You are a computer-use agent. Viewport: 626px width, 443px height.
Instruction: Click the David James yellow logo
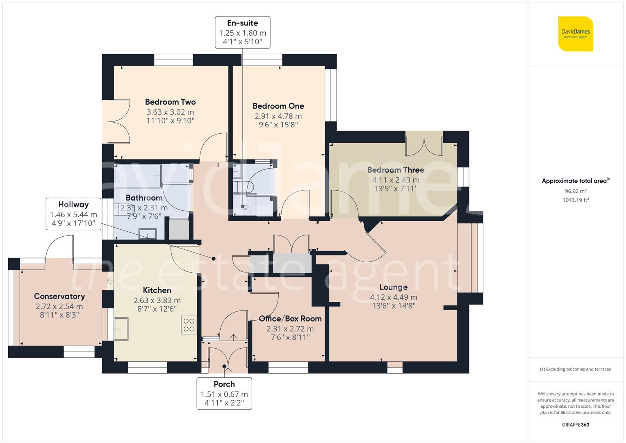pyautogui.click(x=576, y=34)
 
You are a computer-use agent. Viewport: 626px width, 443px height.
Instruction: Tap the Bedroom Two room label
pyautogui.click(x=170, y=102)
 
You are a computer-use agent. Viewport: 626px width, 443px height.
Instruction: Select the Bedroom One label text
pyautogui.click(x=278, y=106)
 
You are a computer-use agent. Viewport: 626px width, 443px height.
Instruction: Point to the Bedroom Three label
pyautogui.click(x=396, y=170)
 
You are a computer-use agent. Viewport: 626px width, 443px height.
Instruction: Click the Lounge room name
pyautogui.click(x=394, y=287)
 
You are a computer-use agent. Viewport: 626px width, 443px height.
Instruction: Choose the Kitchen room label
pyautogui.click(x=157, y=290)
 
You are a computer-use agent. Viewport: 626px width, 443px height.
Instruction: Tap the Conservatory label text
pyautogui.click(x=59, y=296)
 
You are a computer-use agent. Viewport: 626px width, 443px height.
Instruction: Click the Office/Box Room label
pyautogui.click(x=290, y=319)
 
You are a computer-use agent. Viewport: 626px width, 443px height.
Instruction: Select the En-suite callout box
pyautogui.click(x=243, y=32)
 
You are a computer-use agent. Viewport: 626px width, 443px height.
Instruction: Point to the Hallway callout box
pyautogui.click(x=73, y=214)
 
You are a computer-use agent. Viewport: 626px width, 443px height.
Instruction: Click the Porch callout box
pyautogui.click(x=224, y=393)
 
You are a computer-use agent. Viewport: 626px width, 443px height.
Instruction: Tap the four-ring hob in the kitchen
pyautogui.click(x=189, y=325)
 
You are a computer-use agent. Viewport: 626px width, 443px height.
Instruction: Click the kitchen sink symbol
pyautogui.click(x=121, y=329)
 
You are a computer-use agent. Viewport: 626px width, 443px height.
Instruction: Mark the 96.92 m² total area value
pyautogui.click(x=576, y=191)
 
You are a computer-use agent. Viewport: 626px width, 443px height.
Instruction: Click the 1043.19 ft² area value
pyautogui.click(x=576, y=200)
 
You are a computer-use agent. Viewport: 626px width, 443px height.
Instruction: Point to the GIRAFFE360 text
pyautogui.click(x=576, y=425)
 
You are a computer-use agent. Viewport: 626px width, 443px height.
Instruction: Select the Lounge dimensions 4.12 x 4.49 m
pyautogui.click(x=394, y=297)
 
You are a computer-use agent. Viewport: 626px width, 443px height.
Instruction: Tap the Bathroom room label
pyautogui.click(x=144, y=198)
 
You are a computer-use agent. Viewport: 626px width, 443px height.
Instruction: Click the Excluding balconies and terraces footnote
pyautogui.click(x=576, y=369)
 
